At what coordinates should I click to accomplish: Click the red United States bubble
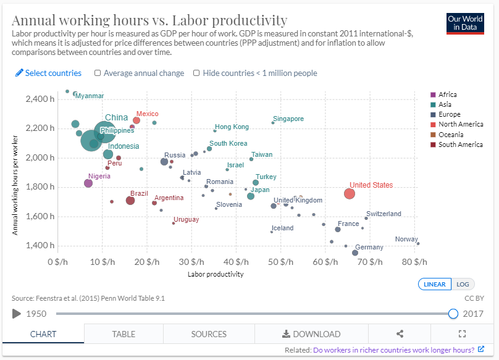(x=350, y=193)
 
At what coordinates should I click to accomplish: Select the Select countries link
(x=49, y=73)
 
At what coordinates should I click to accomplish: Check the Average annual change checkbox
(x=98, y=73)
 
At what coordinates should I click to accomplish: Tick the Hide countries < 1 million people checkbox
(x=196, y=73)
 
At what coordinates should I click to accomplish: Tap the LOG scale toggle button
(x=463, y=284)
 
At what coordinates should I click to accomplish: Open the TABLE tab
(x=124, y=334)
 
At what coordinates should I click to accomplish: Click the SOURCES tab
(x=209, y=334)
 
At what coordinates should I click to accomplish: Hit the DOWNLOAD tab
(x=311, y=334)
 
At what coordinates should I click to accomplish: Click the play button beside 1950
(x=16, y=314)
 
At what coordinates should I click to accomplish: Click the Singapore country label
(x=288, y=119)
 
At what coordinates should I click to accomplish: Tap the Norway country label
(x=406, y=239)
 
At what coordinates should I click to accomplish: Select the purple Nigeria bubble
(x=88, y=183)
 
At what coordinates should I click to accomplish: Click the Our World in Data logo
(x=465, y=23)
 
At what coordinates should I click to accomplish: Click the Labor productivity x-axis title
(x=215, y=274)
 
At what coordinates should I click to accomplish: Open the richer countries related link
(x=394, y=350)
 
